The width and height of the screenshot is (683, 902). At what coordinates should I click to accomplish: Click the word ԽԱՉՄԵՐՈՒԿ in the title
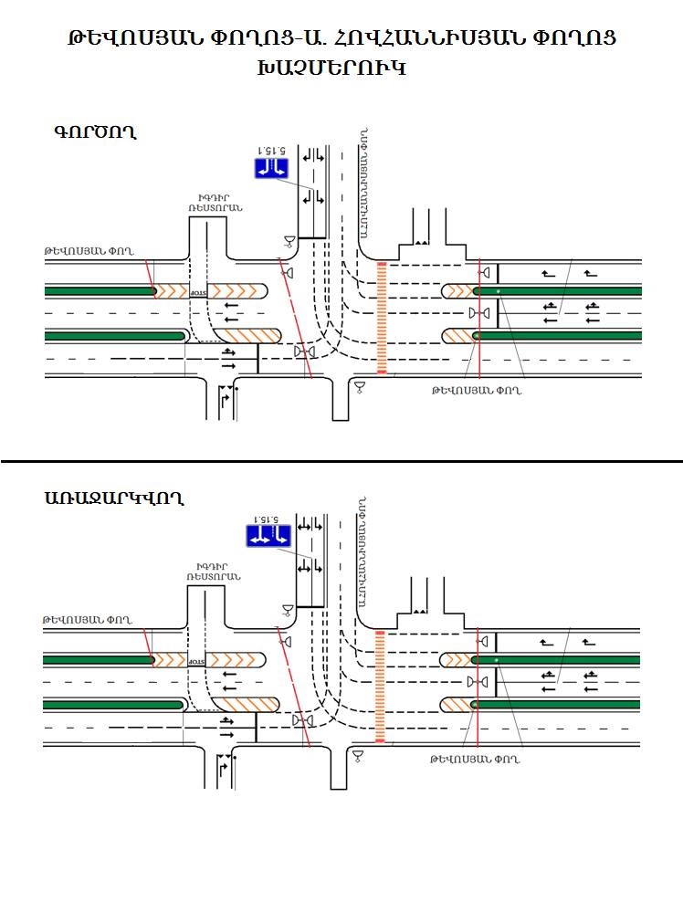coord(341,68)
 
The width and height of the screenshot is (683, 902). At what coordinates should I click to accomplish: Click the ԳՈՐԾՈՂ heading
coord(94,131)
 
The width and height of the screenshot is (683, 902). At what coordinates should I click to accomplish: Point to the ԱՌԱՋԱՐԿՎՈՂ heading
coord(113,498)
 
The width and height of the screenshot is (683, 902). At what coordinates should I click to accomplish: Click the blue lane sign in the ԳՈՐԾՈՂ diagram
coord(271,167)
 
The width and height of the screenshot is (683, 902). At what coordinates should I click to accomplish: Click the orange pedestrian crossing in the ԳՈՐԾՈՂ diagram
coord(382,317)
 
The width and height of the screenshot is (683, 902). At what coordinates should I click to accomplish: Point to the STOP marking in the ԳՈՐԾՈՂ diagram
coord(199,292)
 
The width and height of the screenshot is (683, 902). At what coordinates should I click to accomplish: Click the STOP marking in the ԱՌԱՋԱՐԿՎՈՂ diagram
coord(196,659)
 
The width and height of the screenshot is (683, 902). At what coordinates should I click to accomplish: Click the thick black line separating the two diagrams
coord(341,462)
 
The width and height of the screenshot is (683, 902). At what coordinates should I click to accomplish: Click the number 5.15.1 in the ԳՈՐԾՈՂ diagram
coord(271,150)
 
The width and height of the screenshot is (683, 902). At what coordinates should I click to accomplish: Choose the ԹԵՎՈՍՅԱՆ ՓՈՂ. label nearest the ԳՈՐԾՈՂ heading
coord(88,250)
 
